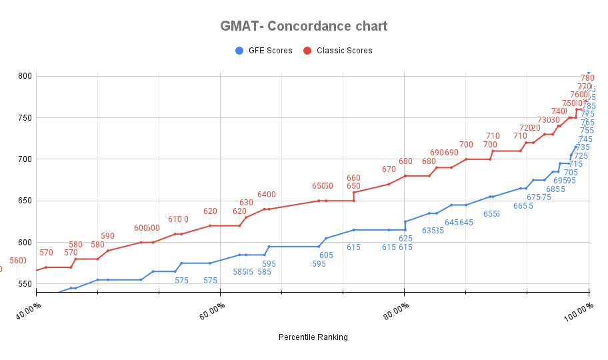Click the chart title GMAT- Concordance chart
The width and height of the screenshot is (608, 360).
pos(303,27)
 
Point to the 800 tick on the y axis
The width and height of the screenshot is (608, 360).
pos(25,76)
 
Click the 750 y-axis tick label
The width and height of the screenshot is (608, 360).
pos(25,117)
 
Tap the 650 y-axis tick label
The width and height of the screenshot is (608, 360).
pos(25,201)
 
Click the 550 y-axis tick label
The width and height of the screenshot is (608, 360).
pos(25,284)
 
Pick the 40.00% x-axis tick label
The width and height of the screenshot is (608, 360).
pos(29,311)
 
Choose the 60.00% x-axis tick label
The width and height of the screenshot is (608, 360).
pos(213,311)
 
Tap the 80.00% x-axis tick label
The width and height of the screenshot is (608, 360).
pos(397,311)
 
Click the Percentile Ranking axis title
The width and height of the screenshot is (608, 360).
pos(313,337)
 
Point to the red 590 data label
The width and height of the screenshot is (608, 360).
pos(107,236)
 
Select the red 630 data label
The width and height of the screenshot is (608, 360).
pos(246,203)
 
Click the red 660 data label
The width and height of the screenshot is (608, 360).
pos(353,178)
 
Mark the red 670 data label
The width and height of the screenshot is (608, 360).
pos(389,169)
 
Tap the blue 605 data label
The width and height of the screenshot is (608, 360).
pos(326,255)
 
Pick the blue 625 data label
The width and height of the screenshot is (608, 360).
pos(405,239)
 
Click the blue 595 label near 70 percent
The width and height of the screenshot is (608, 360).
pos(319,264)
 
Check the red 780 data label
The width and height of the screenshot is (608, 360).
pos(587,78)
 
